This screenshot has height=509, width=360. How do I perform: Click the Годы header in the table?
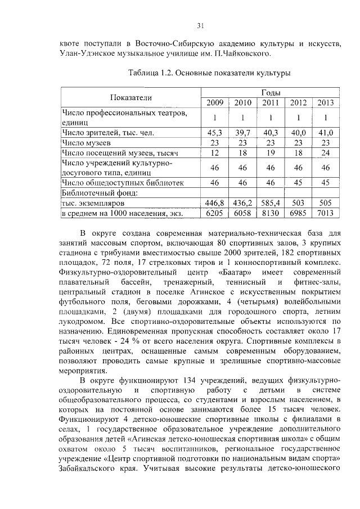(271, 92)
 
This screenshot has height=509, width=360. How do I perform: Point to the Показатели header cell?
(131, 97)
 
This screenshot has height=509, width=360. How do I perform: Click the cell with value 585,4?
(270, 202)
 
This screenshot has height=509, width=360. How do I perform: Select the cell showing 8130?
(270, 213)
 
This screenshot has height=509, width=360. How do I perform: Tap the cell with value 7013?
(325, 213)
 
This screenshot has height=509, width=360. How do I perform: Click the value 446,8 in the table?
(215, 202)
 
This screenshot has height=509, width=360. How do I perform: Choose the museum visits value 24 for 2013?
(325, 153)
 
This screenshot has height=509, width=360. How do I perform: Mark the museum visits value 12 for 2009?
(215, 153)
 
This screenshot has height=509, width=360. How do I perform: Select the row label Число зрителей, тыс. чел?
(107, 133)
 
